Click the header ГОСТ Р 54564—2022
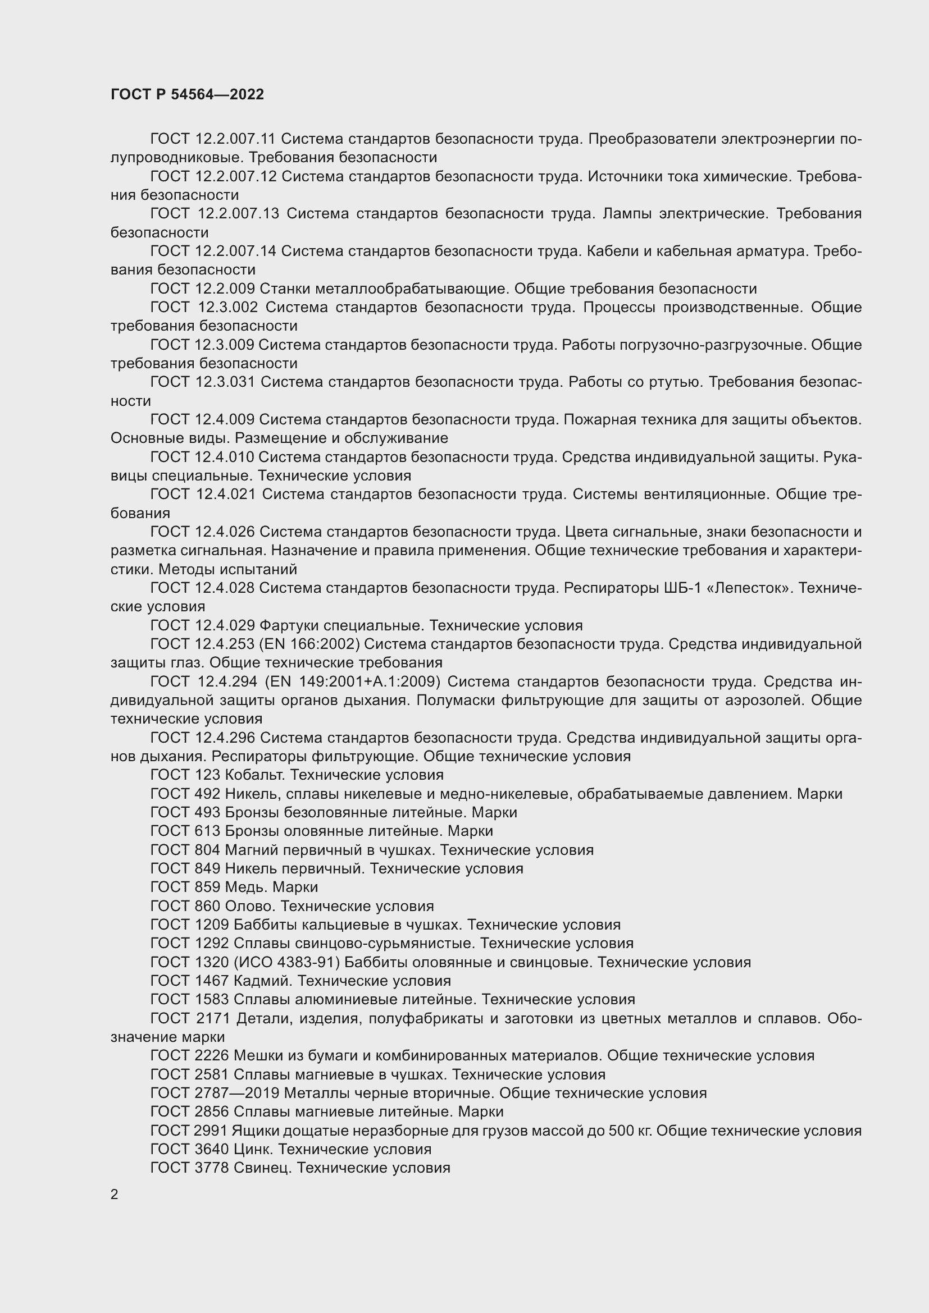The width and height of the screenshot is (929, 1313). tap(187, 94)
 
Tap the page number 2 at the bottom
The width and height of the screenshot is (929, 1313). tap(115, 1194)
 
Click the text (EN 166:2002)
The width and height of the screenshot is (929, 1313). tap(309, 644)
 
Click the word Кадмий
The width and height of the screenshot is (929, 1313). tap(263, 981)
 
